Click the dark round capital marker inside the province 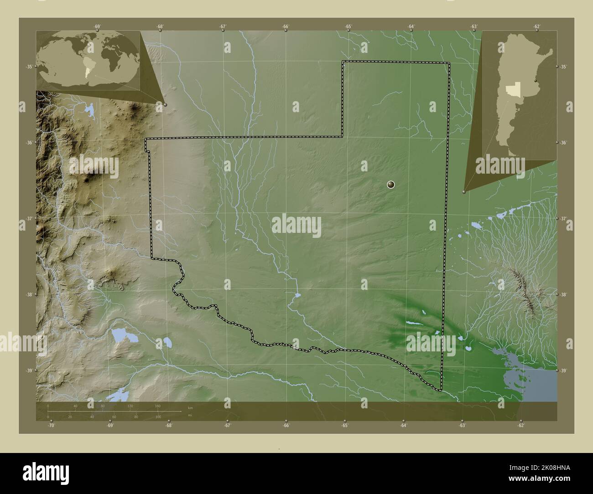390,185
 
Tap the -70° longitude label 51,426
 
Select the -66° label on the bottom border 286,426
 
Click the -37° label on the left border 29,219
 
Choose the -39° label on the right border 564,371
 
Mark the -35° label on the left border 29,67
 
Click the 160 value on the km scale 158,406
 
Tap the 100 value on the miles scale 158,417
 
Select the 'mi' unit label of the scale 190,415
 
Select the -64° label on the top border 411,26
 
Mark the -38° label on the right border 564,295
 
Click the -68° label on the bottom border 169,426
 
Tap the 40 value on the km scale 76,406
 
